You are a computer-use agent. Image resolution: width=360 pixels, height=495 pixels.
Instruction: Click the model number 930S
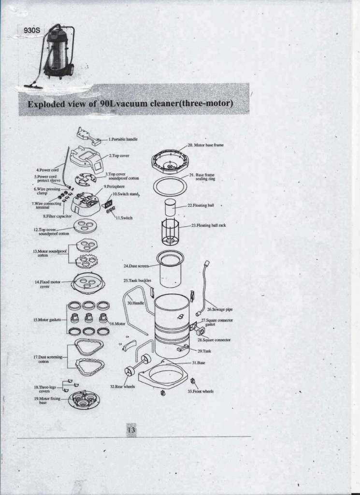click(x=32, y=30)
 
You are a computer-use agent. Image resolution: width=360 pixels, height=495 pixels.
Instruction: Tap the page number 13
click(x=131, y=430)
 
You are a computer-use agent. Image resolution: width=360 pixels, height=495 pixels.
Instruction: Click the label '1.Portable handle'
click(x=123, y=139)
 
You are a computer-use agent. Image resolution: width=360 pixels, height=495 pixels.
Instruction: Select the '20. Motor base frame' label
click(x=206, y=145)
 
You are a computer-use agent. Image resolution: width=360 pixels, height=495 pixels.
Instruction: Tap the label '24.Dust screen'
click(x=136, y=266)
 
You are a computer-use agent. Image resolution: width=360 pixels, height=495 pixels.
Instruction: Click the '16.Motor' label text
click(x=117, y=324)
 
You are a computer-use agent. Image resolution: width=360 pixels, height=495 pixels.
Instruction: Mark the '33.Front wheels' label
click(x=201, y=392)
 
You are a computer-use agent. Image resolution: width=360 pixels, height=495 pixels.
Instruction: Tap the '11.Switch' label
click(x=125, y=218)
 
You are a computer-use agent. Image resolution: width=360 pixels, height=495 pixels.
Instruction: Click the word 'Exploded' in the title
click(x=47, y=104)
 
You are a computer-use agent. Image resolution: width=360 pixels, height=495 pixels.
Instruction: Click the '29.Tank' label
click(x=204, y=351)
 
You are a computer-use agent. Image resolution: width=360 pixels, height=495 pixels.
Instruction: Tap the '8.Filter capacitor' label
click(x=57, y=216)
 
